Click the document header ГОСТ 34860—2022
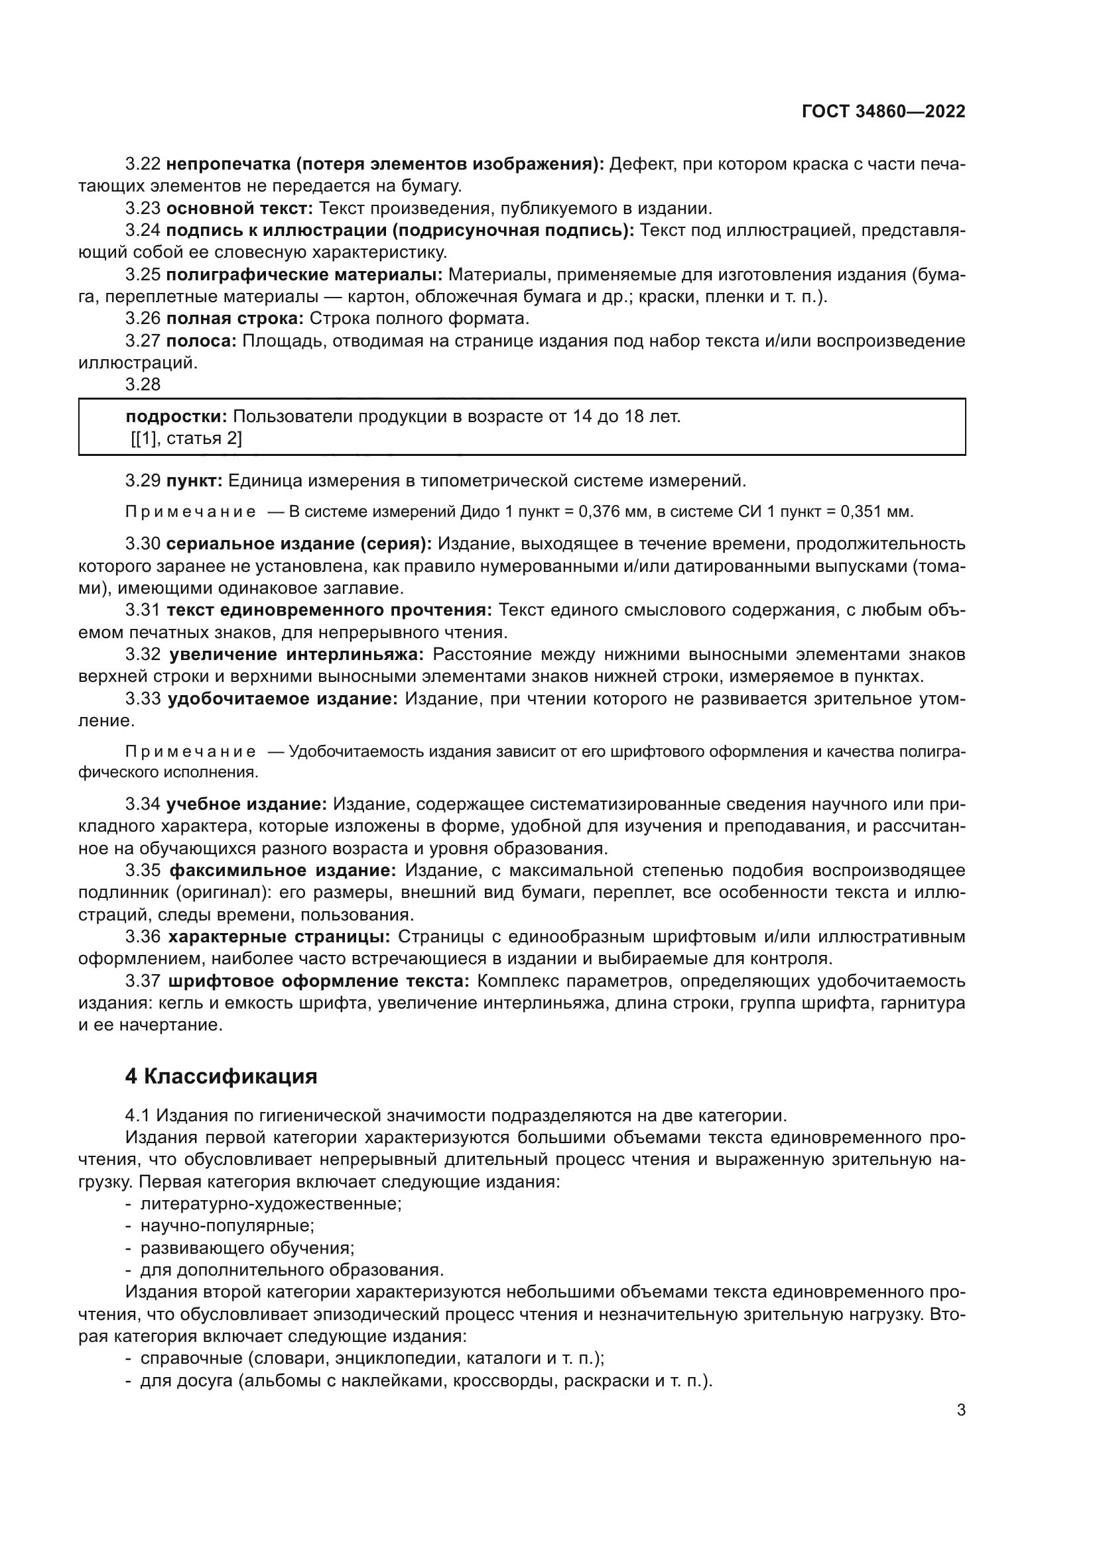883,112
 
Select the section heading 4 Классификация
221,1076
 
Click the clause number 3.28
143,384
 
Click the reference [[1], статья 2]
186,439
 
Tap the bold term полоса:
200,341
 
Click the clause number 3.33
143,698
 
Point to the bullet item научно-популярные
227,1225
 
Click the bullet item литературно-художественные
270,1203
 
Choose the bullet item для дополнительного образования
291,1270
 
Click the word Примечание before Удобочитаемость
190,752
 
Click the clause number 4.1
138,1115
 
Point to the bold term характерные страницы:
279,936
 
